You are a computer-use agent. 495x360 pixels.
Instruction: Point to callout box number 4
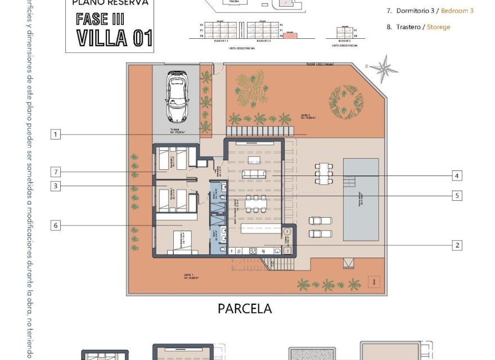tap(457, 176)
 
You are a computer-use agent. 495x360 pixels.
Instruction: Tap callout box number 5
tap(457, 196)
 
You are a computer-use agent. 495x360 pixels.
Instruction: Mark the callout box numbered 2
tap(457, 245)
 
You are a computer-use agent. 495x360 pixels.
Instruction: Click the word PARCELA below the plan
tap(244, 309)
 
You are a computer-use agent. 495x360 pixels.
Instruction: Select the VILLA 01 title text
tap(110, 38)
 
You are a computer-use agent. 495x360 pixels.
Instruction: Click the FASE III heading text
tap(101, 18)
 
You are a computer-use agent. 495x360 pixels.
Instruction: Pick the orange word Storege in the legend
tap(438, 26)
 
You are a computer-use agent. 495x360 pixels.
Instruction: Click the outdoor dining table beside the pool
tap(323, 173)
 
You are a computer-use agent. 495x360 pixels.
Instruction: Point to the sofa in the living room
tap(253, 174)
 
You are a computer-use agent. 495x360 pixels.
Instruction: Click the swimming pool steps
tap(350, 181)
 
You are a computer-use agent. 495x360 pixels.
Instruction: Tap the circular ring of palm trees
tap(345, 100)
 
